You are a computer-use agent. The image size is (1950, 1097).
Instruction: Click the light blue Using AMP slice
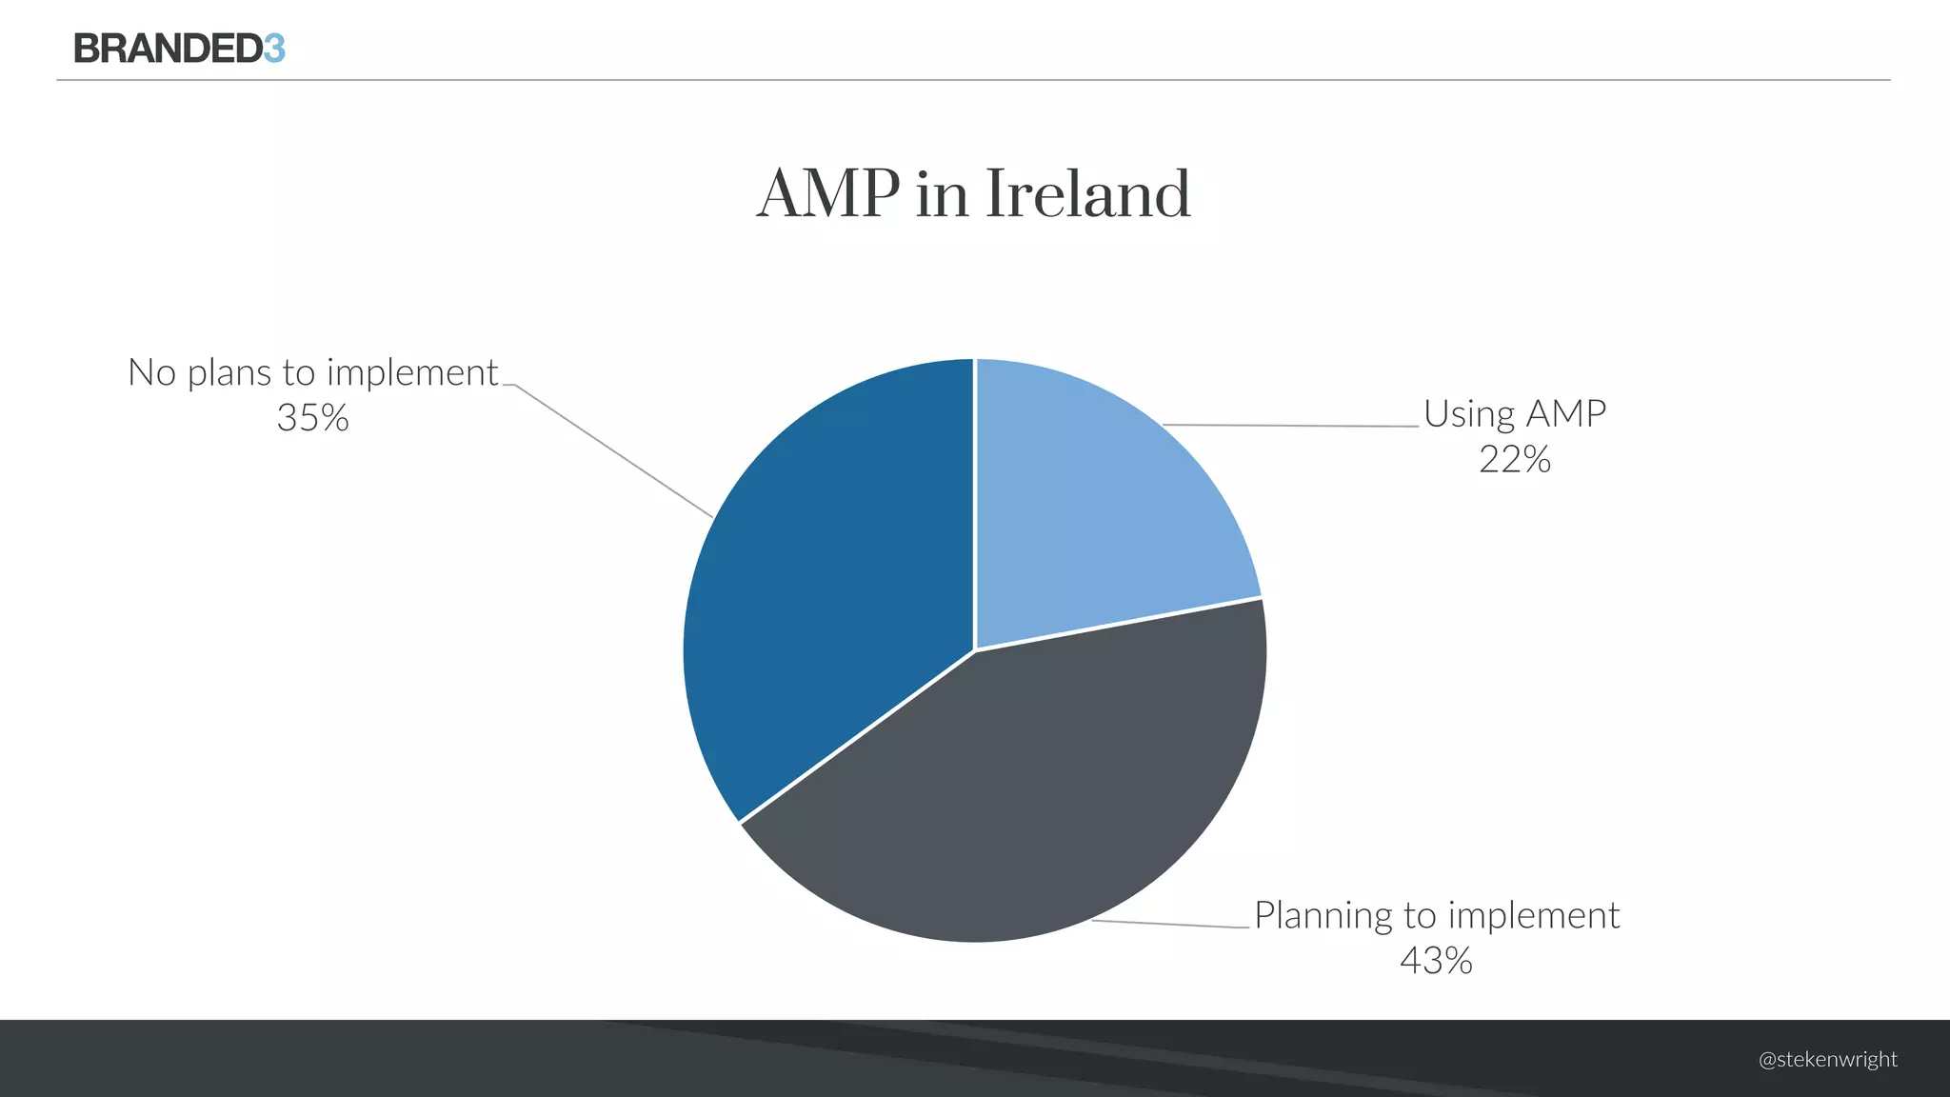click(1095, 505)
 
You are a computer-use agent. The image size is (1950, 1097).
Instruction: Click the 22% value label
click(1514, 460)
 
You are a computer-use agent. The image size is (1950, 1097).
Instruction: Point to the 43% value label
click(1436, 960)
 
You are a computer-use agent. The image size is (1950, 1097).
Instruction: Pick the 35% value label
click(312, 418)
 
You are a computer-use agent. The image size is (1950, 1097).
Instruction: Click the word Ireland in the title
click(1087, 194)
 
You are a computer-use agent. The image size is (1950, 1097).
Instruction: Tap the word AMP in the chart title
click(827, 194)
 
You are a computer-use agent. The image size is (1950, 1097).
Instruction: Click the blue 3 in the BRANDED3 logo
click(274, 49)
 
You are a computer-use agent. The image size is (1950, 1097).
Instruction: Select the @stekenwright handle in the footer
click(1827, 1060)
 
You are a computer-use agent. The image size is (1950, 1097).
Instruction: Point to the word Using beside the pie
click(1469, 415)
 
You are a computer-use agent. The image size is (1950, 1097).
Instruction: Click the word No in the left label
click(151, 372)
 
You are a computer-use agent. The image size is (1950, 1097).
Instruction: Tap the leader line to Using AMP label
click(1290, 426)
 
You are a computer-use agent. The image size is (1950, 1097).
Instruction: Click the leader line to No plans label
click(609, 449)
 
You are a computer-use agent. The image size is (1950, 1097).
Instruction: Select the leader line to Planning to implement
click(1171, 924)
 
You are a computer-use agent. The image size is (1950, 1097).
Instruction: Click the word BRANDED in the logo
click(168, 49)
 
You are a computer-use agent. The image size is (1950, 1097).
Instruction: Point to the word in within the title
click(942, 194)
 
